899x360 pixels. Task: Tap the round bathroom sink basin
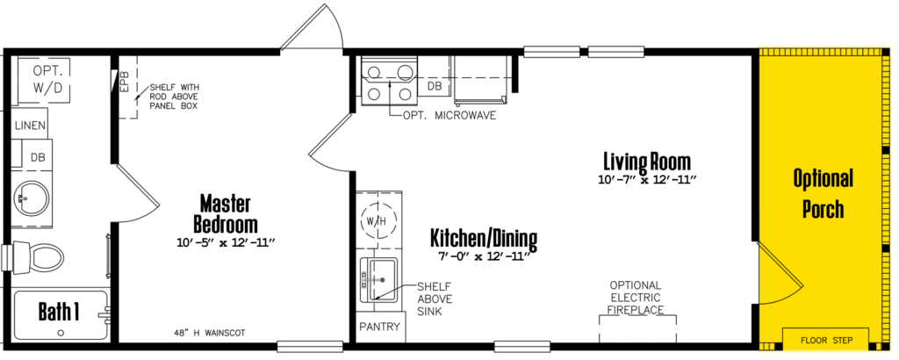[32, 198]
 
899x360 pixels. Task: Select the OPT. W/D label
[43, 78]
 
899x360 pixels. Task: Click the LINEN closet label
[31, 126]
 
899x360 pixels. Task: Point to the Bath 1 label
[59, 312]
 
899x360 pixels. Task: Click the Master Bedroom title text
[226, 213]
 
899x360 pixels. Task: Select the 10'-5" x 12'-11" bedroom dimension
[227, 243]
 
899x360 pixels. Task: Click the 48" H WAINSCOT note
[209, 333]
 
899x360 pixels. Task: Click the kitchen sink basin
[378, 279]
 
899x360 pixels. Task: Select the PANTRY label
[379, 327]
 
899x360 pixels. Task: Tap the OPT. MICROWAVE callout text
[449, 115]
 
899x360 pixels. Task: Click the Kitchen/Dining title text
[484, 238]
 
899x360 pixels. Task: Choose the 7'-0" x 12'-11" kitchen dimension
[484, 256]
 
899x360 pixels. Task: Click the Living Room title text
[647, 161]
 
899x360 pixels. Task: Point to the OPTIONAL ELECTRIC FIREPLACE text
[636, 298]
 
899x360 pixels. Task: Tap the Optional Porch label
[823, 193]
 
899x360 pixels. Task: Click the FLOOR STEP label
[826, 341]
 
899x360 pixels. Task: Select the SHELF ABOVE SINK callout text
[434, 299]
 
